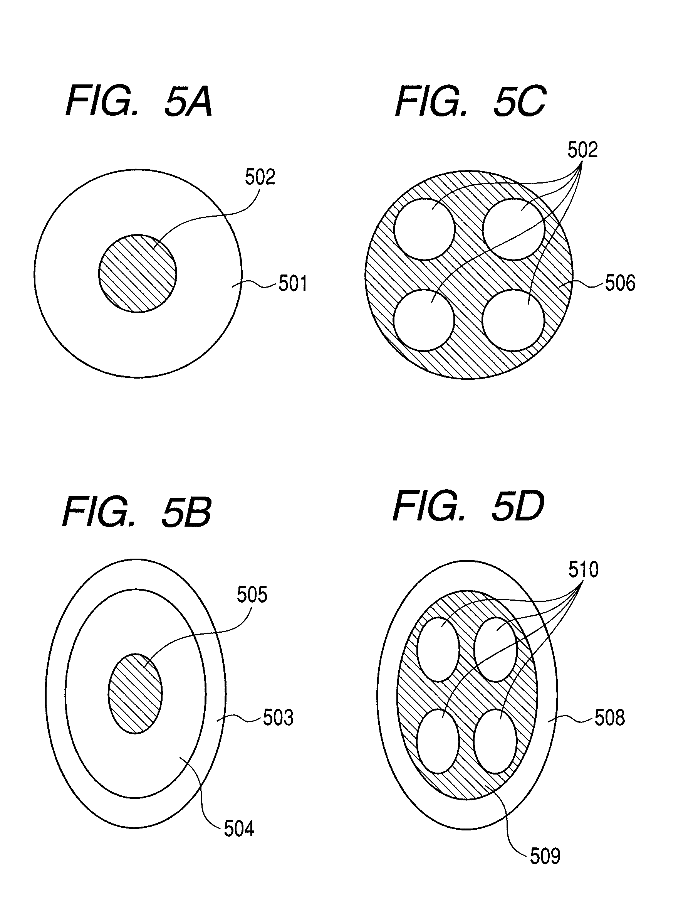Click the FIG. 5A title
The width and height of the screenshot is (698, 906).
pos(139,101)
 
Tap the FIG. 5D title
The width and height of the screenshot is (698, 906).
pos(468,507)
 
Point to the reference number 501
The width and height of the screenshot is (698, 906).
pos(293,284)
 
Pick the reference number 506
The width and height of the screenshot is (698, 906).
pos(620,283)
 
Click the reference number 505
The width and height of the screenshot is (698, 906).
pos(252,595)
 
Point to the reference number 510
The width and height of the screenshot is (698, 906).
pos(583,569)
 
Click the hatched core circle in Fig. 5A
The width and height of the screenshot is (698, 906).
pos(138,273)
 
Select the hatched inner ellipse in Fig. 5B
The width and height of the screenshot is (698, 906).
pos(135,694)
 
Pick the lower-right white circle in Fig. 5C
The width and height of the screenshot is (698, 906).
pos(513,320)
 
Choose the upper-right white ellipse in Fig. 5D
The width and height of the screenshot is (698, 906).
pos(495,650)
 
